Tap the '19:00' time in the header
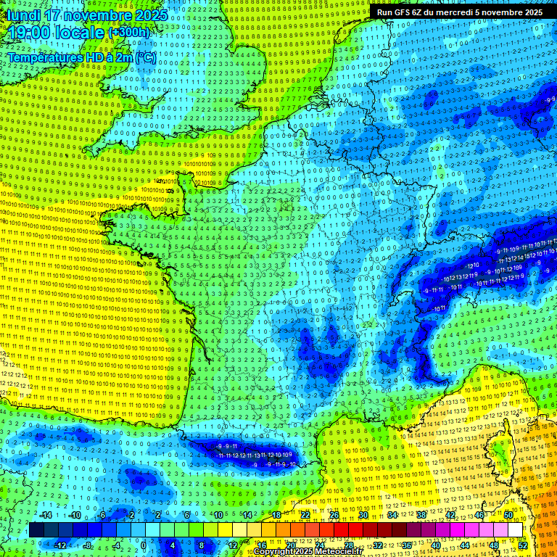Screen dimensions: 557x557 click(x=29, y=33)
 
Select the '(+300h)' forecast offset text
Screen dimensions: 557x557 click(x=130, y=33)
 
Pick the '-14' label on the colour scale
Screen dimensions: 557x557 click(x=45, y=515)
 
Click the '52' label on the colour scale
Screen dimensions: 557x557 click(x=523, y=545)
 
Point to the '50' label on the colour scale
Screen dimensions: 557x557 click(x=508, y=515)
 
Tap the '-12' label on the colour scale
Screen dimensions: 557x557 click(x=59, y=545)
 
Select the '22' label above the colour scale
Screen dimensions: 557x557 click(x=305, y=515)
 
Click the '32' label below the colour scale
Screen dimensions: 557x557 click(x=378, y=545)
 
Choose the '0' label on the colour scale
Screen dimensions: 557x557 click(x=144, y=545)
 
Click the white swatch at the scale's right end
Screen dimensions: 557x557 click(x=515, y=530)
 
